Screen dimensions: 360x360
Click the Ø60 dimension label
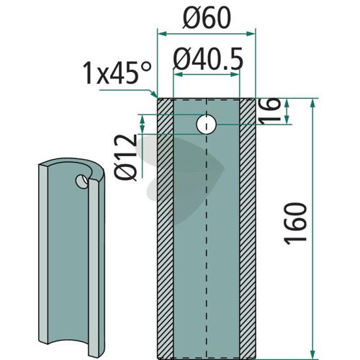(207, 18)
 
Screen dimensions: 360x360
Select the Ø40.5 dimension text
(208, 59)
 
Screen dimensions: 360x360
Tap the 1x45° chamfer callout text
(117, 73)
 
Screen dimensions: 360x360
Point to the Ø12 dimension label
(126, 157)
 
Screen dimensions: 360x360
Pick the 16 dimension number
(269, 111)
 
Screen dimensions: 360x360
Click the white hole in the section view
(207, 125)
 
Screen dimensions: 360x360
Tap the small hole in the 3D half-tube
(82, 181)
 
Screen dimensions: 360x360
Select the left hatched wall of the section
(165, 228)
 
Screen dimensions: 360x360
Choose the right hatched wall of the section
(248, 228)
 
